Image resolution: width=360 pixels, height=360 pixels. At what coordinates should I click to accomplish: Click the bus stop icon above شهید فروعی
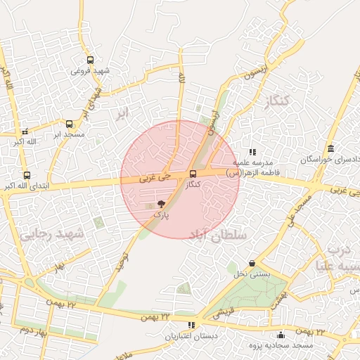(90, 60)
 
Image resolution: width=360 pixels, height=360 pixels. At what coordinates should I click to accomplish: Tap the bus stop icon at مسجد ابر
(68, 124)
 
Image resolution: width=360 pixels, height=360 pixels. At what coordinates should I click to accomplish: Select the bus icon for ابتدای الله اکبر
(27, 175)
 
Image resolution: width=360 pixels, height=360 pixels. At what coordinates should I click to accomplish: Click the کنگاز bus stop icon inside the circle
(193, 174)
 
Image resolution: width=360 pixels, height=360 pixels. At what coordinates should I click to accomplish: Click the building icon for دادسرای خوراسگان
(330, 148)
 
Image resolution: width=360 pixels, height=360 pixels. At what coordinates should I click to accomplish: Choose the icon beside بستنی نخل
(252, 264)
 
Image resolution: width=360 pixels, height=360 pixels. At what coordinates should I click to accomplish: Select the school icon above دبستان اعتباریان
(191, 325)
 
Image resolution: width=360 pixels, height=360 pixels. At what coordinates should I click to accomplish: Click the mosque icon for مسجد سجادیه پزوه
(281, 335)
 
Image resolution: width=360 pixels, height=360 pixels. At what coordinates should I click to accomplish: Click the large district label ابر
(123, 113)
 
